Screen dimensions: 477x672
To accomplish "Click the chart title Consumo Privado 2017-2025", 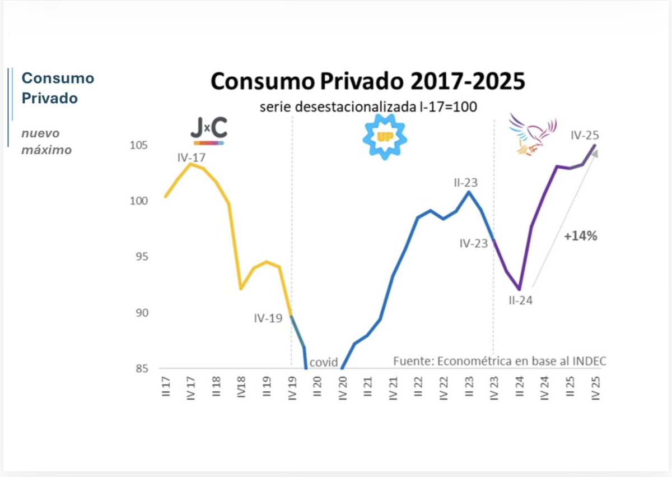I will [x=368, y=81].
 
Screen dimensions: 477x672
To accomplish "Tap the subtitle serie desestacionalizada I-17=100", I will [x=368, y=106].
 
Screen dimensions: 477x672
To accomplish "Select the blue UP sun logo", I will [x=385, y=137].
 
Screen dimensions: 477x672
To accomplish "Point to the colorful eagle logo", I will [x=532, y=135].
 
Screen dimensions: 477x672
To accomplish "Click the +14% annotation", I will [x=580, y=237].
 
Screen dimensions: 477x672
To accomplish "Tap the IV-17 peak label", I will [x=192, y=158].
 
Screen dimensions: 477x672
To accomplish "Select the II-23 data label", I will [x=465, y=183].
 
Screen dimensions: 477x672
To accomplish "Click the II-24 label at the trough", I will [x=520, y=300].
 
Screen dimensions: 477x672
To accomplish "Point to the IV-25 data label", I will [x=585, y=135].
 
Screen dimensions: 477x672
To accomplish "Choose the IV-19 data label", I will [x=268, y=318].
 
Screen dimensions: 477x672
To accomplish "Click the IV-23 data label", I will [x=473, y=244].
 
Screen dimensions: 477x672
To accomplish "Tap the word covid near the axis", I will [x=324, y=363].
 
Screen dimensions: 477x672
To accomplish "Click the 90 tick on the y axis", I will [x=140, y=313].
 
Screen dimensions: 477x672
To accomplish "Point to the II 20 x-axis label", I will [x=317, y=387].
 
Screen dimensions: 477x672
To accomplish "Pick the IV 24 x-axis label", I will [x=544, y=387].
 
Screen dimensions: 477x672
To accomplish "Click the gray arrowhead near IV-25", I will [x=594, y=154].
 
